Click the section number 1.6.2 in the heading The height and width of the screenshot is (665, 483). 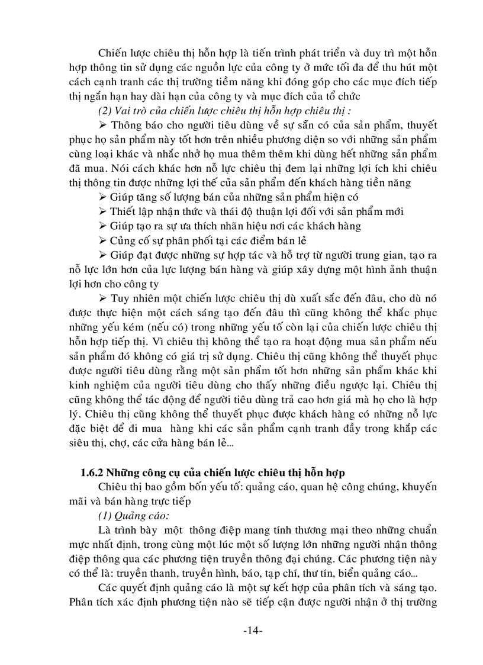pos(94,472)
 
